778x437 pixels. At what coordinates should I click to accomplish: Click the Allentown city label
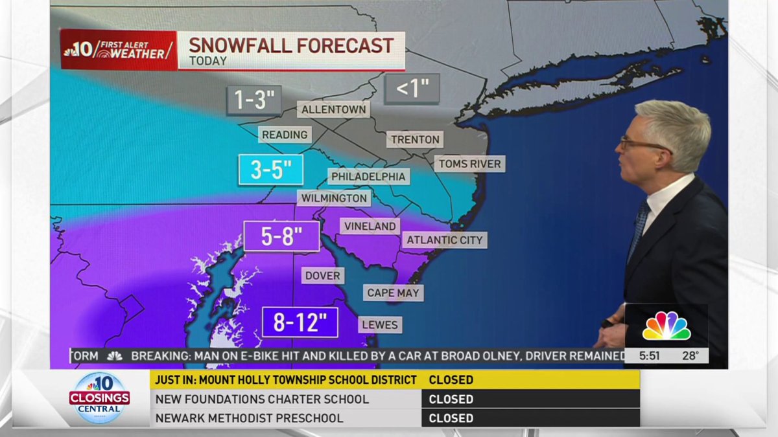pos(334,109)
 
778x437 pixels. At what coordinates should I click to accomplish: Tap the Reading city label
pos(285,135)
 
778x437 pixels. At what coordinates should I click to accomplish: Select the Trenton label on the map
pos(416,139)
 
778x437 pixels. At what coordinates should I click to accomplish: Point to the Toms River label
pos(469,164)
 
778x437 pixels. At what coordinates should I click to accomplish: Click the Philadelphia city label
pos(368,176)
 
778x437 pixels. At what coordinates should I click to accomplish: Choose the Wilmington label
pos(335,198)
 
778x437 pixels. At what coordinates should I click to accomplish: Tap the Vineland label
pos(370,226)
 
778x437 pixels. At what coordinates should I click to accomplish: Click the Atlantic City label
pos(445,240)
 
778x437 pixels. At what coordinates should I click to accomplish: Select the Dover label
pos(322,276)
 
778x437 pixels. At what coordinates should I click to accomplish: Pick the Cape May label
pos(393,293)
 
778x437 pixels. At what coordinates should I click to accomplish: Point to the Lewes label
pos(380,324)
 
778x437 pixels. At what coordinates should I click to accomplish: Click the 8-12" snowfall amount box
pos(300,322)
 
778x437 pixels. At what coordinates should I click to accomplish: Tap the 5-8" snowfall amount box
pos(281,236)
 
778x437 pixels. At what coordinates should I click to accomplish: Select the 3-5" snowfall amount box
pos(271,170)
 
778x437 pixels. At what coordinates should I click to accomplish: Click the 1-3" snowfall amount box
pos(254,100)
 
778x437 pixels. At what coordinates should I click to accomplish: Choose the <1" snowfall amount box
pos(412,89)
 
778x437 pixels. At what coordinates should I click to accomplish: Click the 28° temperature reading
pos(690,355)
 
